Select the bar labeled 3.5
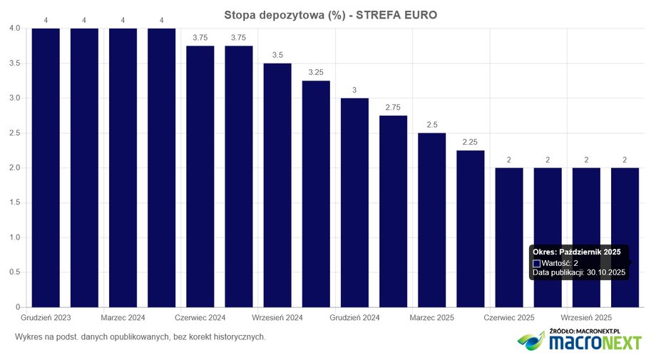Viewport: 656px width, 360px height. click(x=277, y=185)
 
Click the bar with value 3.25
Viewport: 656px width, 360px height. click(x=316, y=194)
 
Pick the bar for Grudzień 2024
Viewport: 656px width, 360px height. click(x=354, y=202)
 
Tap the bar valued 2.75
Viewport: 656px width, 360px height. click(x=393, y=211)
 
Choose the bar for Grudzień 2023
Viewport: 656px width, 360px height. click(x=46, y=168)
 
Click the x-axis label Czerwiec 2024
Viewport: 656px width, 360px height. click(x=200, y=317)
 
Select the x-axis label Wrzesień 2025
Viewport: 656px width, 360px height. click(x=585, y=317)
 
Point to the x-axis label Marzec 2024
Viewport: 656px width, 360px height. click(x=123, y=317)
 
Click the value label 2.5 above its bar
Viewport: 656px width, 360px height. click(x=431, y=125)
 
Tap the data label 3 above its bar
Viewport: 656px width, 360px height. click(x=354, y=90)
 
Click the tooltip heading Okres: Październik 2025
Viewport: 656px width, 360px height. click(x=576, y=252)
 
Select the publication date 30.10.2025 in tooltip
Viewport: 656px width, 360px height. click(x=605, y=272)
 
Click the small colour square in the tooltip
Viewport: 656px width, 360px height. click(x=537, y=263)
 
